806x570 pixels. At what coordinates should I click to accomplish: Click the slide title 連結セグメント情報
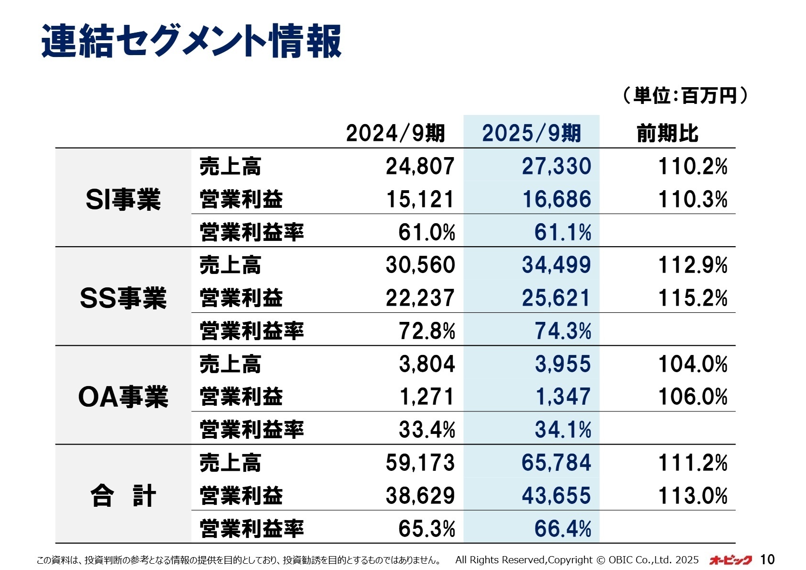pos(191,41)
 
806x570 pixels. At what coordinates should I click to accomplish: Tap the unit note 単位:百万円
pos(684,95)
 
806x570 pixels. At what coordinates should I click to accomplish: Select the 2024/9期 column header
pos(395,133)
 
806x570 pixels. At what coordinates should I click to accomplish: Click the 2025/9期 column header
pos(531,133)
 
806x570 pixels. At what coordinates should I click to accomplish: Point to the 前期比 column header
pos(667,133)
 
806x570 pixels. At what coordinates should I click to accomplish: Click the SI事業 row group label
pos(123,199)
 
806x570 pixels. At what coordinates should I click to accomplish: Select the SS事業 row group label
pos(123,298)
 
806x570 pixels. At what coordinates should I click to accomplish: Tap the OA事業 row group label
pos(123,397)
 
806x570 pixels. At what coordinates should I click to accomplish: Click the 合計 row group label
pos(123,496)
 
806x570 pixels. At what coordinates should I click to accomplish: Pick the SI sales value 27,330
pos(556,166)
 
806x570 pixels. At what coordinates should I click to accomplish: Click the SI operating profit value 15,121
pos(420,199)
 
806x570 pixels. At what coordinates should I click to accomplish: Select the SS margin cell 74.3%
pos(563,331)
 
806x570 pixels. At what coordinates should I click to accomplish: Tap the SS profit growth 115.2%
pos(693,298)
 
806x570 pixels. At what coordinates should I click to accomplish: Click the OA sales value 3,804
pos(426,364)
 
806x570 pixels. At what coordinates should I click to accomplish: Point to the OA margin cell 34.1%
pos(563,430)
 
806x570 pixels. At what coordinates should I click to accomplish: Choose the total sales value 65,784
pos(556,463)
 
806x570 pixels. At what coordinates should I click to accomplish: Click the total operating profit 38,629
pos(420,496)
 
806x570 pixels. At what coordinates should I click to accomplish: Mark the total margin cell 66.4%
pos(563,529)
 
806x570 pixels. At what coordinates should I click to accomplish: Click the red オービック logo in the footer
pos(730,559)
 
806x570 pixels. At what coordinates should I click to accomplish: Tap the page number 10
pos(767,559)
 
